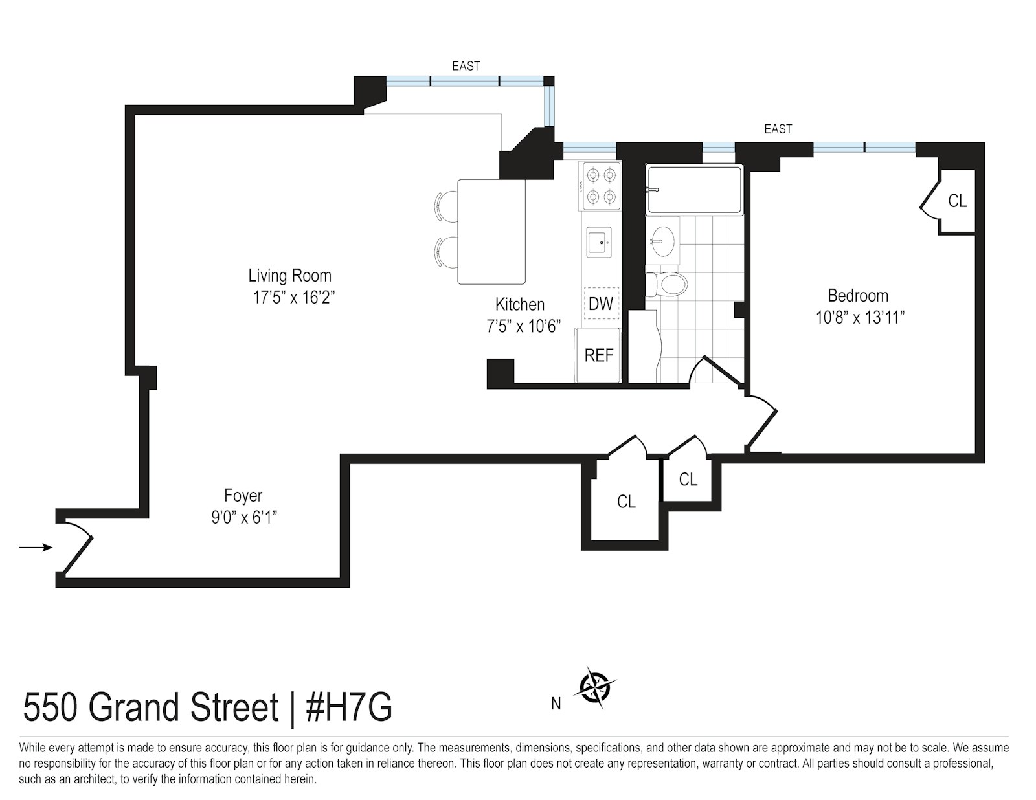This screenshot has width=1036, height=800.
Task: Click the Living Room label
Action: [290, 275]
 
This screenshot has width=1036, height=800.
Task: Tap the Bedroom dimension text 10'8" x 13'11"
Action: [860, 317]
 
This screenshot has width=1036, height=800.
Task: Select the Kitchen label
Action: [520, 304]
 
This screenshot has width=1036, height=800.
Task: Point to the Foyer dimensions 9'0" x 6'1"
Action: [244, 517]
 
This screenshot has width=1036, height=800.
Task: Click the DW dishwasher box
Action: [601, 304]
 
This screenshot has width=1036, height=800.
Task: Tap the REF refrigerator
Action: [598, 355]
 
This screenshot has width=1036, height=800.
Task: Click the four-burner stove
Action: [600, 186]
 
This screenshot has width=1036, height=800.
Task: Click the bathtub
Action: [694, 189]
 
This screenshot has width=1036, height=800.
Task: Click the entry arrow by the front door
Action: [36, 548]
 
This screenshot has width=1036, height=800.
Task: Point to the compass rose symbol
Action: [594, 688]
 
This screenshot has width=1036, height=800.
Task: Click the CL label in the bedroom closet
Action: [958, 201]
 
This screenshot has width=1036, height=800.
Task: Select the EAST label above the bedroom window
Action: [778, 129]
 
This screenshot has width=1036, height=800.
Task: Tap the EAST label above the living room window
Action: [466, 66]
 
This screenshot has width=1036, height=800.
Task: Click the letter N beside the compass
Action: [556, 704]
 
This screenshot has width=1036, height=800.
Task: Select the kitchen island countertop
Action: [491, 232]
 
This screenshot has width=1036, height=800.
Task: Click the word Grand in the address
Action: [135, 708]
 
